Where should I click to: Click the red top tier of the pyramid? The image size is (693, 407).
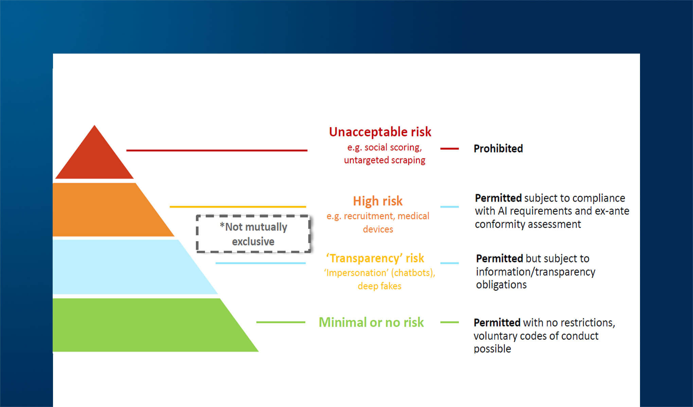pos(94,159)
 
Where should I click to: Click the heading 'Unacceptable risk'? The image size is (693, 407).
pos(380,132)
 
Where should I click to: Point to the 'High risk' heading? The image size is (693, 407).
pos(378,201)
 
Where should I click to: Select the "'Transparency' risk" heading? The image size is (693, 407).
pos(375,258)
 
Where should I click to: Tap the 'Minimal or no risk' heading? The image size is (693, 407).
pos(371,322)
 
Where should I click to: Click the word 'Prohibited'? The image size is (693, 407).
pos(498,149)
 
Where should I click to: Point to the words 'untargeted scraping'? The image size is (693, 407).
pos(385,160)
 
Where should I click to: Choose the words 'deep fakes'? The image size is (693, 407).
pos(379,286)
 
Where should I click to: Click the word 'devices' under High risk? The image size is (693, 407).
pos(378,229)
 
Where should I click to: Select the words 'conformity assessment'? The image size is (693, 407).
pos(528,224)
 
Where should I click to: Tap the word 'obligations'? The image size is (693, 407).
pos(501,285)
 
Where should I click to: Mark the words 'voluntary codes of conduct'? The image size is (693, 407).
pos(536,336)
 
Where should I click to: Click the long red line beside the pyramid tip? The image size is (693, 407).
pos(217,150)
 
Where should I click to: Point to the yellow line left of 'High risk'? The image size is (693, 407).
pos(238,207)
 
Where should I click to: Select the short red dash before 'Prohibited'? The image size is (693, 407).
pos(449,149)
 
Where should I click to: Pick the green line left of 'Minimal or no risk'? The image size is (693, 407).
pos(281,322)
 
